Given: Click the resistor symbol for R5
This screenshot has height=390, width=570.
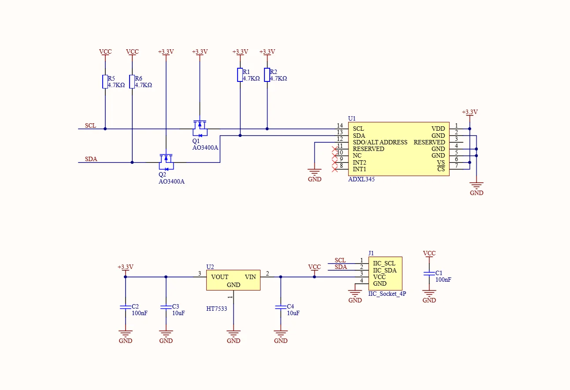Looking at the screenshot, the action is (105, 81).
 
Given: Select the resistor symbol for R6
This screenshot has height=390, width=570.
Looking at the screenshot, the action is (132, 81).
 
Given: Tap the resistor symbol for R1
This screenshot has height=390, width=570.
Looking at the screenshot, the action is (240, 75).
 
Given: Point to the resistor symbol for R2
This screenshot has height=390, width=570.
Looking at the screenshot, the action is (267, 75).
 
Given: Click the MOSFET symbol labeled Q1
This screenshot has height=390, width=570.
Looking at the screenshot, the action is (200, 129).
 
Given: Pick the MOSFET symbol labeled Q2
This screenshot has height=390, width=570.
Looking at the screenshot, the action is (166, 162).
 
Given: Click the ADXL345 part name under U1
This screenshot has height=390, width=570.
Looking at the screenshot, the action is (361, 179).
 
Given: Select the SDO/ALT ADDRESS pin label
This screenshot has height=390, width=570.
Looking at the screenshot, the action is (380, 142).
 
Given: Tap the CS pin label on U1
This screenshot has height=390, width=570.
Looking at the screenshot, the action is (441, 169).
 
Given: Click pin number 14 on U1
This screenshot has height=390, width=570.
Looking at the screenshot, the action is (340, 125).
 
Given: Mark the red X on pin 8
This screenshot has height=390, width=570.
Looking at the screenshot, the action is (335, 169).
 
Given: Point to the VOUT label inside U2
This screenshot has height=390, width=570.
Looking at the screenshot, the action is (220, 277).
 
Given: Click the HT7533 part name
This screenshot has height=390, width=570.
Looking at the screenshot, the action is (216, 309).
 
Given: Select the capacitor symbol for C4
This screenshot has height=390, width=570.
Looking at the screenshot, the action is (281, 307).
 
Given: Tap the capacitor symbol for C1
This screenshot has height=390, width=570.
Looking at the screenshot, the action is (429, 274).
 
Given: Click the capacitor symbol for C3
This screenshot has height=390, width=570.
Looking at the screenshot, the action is (166, 307).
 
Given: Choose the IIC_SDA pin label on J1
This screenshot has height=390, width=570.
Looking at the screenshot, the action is (385, 270).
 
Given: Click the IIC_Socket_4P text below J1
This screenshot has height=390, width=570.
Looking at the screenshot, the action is (387, 294).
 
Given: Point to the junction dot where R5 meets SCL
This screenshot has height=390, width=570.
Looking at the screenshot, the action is (105, 129).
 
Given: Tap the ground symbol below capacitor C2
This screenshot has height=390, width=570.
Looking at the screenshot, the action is (126, 333).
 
